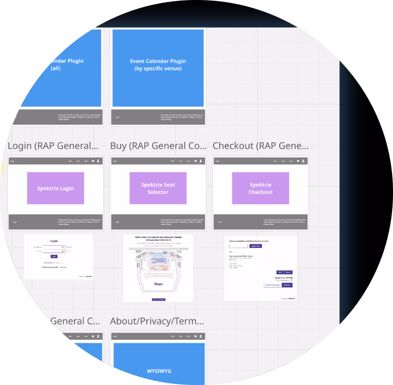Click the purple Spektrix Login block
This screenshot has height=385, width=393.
tap(55, 188)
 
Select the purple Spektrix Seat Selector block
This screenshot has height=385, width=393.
tap(158, 188)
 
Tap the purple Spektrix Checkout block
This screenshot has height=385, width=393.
tap(261, 188)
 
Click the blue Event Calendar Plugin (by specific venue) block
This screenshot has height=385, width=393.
tap(158, 68)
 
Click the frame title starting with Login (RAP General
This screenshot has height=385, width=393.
tap(53, 146)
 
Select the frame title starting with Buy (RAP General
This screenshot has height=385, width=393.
tap(158, 146)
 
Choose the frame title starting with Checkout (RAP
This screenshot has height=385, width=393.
tap(261, 146)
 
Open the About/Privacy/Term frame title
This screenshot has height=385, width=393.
tap(157, 321)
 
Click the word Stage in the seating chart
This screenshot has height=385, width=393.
tap(158, 284)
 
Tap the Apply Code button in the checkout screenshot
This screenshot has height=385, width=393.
tap(255, 246)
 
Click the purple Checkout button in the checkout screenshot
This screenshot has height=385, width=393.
tap(287, 285)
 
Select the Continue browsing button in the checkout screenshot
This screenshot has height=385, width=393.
tap(273, 285)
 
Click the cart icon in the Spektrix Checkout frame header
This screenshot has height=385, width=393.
tap(298, 161)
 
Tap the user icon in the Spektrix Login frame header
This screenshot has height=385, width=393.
tap(98, 161)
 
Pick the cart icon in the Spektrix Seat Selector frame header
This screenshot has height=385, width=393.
tap(195, 161)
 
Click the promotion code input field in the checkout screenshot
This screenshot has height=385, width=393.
tap(238, 246)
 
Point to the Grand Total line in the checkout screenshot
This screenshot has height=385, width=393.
tap(284, 278)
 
